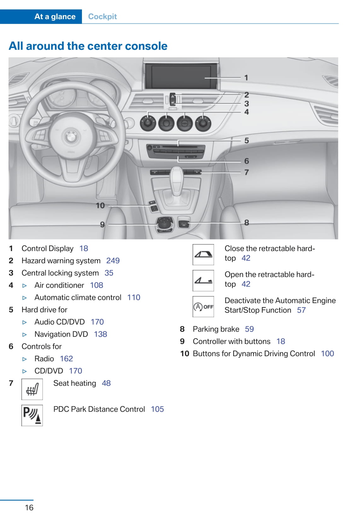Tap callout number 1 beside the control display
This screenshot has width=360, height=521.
246,77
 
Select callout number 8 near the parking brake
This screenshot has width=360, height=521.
247,222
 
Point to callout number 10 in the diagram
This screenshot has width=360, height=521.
100,206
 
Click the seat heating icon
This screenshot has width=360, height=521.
32,389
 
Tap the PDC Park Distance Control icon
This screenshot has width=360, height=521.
32,415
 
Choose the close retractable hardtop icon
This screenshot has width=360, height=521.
203,255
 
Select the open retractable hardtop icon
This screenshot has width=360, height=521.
203,280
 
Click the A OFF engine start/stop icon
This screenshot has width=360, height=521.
203,306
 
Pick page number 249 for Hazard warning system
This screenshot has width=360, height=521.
113,261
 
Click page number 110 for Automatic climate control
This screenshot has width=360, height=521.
134,298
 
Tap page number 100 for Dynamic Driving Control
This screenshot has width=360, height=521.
327,354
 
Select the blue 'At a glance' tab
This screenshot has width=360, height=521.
55,17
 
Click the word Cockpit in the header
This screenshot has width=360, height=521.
102,17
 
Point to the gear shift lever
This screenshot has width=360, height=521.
176,180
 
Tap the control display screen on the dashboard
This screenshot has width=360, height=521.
181,77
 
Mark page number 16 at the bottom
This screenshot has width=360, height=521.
29,507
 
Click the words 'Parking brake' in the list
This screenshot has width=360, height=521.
216,329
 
